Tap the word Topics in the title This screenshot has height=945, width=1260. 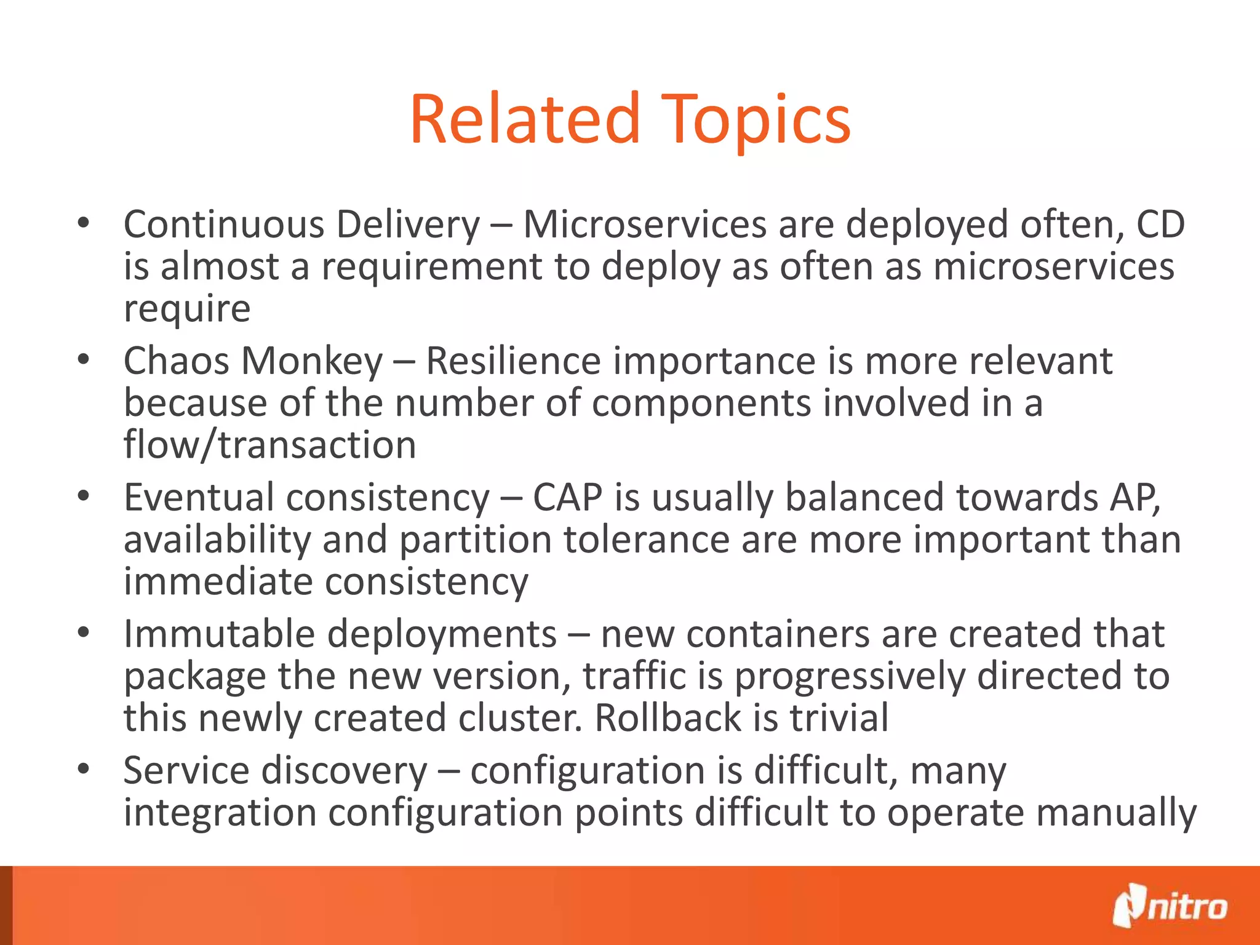click(x=757, y=121)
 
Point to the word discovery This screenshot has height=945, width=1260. click(x=345, y=770)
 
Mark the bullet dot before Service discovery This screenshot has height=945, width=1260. click(x=84, y=769)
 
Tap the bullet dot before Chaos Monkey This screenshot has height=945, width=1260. click(x=84, y=359)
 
